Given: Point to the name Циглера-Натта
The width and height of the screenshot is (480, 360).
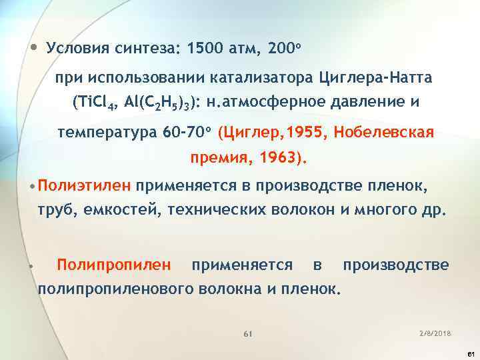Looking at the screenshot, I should pyautogui.click(x=376, y=79).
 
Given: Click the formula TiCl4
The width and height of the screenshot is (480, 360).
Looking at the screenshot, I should pyautogui.click(x=97, y=103).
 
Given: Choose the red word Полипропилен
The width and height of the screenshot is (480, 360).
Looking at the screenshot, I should pyautogui.click(x=114, y=265).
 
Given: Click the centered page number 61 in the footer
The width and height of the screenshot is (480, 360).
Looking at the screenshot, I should pyautogui.click(x=247, y=332).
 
